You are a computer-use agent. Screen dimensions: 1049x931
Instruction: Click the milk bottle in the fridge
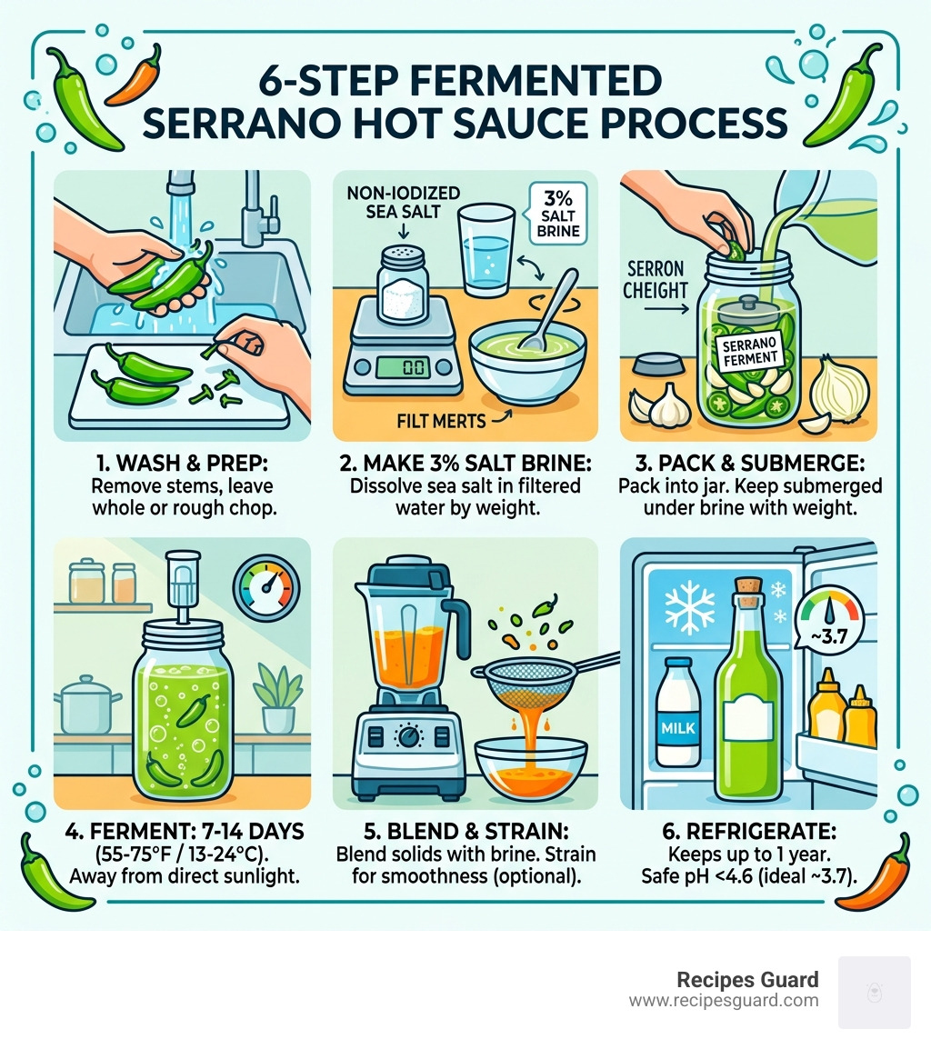coord(678,713)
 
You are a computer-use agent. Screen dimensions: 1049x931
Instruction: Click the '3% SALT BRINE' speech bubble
coord(550,212)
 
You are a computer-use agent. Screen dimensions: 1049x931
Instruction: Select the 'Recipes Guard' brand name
coord(747,980)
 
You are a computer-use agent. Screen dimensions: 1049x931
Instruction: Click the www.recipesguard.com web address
coord(723,1001)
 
